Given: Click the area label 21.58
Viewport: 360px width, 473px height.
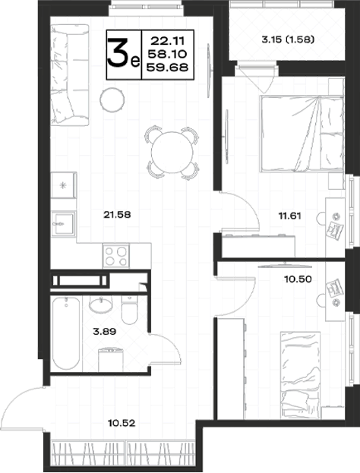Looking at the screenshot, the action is click(117, 215).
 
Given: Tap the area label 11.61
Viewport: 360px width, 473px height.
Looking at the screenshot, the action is click(289, 216).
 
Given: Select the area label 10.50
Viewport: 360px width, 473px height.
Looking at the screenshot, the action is click(298, 279).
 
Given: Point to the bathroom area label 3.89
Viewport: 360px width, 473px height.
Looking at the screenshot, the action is click(104, 332).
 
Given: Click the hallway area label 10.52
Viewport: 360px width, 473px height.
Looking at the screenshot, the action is click(122, 423).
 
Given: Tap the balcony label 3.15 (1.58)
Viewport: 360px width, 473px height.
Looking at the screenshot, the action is click(288, 39).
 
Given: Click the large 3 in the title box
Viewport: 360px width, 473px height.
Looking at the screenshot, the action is click(118, 54).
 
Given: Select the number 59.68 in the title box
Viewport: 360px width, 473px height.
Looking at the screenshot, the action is click(167, 68).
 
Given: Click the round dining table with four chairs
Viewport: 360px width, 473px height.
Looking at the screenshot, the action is click(172, 153).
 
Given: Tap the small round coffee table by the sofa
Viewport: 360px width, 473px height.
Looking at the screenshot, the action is click(112, 100).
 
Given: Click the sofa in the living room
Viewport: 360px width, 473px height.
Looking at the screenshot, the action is click(70, 75).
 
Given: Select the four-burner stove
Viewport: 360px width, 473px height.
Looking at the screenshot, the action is click(116, 256).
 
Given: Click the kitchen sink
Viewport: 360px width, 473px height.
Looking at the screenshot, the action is click(63, 223).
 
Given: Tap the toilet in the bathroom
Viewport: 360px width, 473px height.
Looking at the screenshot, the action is click(129, 310).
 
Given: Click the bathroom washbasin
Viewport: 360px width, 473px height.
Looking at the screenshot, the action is click(101, 304).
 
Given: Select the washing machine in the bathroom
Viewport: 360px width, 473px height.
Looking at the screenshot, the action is click(111, 360).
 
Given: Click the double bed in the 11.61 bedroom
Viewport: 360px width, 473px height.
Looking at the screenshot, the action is click(302, 134).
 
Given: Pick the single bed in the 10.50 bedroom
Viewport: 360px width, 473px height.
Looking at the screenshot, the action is click(301, 375).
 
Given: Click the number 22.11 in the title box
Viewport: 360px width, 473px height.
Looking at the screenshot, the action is click(167, 40).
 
